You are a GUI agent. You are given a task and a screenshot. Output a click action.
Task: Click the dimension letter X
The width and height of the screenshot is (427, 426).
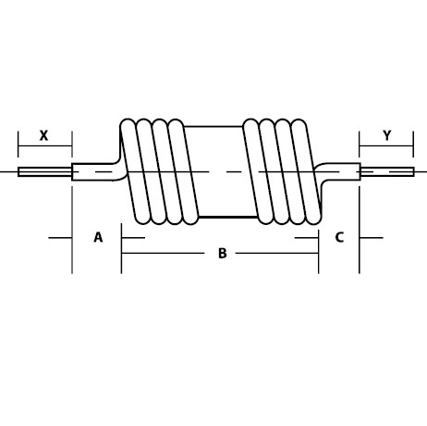click(x=43, y=135)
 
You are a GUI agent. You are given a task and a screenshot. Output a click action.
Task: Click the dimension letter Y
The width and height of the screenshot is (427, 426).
click(x=386, y=135)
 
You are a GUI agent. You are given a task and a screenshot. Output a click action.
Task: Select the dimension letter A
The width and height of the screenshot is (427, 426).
click(x=98, y=237)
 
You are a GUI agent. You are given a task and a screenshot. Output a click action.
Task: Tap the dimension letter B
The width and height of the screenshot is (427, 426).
click(x=222, y=253)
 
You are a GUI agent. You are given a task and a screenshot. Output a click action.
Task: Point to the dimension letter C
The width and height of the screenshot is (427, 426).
click(x=339, y=237)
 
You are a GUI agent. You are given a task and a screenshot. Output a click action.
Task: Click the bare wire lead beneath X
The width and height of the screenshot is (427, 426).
click(x=44, y=171)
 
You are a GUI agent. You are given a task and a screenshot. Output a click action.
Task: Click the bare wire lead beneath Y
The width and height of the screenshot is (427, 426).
click(x=387, y=171)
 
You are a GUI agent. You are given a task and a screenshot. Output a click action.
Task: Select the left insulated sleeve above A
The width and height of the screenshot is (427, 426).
click(x=94, y=171)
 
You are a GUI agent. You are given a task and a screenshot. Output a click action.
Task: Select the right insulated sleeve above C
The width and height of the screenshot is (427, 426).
click(x=339, y=171)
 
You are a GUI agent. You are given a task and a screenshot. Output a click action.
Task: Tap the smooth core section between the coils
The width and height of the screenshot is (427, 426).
click(x=218, y=171)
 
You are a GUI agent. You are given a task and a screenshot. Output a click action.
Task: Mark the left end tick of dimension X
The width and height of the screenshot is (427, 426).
click(x=18, y=143)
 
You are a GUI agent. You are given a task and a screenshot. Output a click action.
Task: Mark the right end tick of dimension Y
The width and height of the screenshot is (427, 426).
click(x=414, y=143)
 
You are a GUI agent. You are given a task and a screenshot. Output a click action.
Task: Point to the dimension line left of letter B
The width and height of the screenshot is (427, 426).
click(x=166, y=253)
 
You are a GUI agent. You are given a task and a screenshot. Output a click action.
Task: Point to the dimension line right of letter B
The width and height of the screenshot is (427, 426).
click(x=274, y=253)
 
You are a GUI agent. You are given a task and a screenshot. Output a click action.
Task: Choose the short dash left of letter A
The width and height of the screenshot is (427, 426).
click(x=61, y=238)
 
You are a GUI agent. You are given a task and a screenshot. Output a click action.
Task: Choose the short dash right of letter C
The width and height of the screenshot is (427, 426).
click(x=371, y=238)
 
